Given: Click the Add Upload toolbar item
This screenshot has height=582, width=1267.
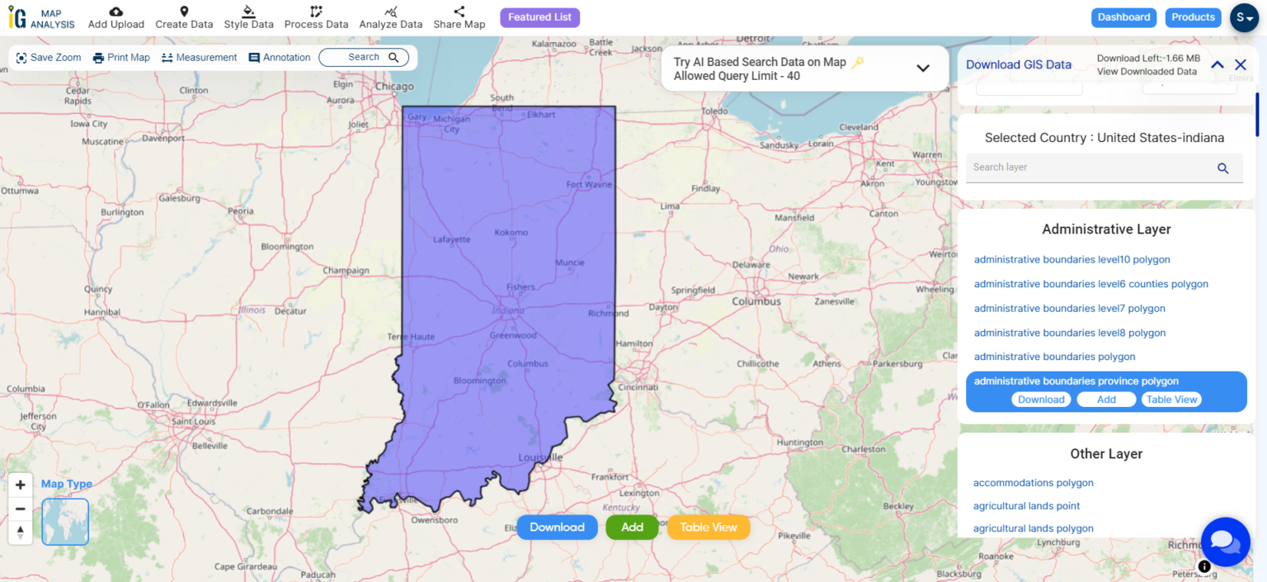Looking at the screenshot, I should click(x=116, y=17).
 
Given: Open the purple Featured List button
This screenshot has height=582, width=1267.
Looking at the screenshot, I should click(x=539, y=17).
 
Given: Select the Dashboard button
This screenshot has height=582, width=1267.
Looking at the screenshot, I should click(x=1123, y=17).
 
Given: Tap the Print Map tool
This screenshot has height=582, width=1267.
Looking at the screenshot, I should click(x=121, y=58).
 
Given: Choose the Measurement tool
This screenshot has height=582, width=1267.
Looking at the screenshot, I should click(x=199, y=58).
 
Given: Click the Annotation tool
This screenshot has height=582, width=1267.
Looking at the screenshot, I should click(x=280, y=58).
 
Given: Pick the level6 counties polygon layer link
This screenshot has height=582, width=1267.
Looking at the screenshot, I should click(x=1090, y=284).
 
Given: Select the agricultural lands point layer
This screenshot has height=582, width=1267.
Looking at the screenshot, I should click(x=1026, y=506).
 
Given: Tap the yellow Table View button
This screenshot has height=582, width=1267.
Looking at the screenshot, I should click(x=708, y=528).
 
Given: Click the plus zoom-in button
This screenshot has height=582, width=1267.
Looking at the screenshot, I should click(x=21, y=485).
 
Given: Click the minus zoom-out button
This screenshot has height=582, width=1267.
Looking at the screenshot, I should click(x=21, y=509).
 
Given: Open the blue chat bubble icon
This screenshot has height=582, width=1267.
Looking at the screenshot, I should click(x=1225, y=542).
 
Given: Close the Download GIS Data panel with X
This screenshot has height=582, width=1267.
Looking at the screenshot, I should click(x=1240, y=65).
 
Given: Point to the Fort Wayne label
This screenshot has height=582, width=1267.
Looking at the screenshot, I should click(x=589, y=185).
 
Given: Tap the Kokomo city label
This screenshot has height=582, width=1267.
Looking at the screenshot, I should click(x=511, y=233).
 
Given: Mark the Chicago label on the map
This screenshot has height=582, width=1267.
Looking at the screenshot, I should click(x=394, y=87).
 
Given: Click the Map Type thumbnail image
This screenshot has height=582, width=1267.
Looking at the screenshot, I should click(x=65, y=522).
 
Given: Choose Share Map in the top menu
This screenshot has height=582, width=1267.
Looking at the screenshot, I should click(x=459, y=17).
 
